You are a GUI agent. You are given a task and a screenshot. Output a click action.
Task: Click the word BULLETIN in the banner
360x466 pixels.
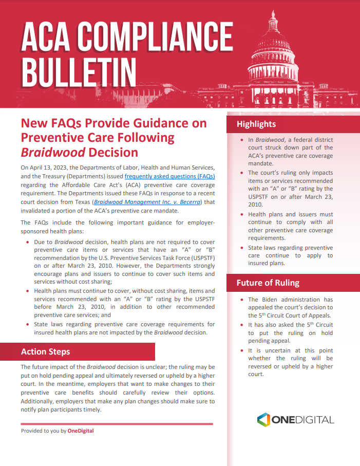click(x=79, y=73)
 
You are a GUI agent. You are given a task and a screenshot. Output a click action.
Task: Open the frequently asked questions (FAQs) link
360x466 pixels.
click(x=169, y=176)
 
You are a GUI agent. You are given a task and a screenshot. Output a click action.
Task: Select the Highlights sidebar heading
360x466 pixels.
click(x=256, y=124)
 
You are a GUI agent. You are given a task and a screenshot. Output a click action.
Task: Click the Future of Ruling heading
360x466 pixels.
click(x=268, y=283)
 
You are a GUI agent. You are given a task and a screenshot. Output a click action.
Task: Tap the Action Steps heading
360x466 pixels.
click(x=45, y=352)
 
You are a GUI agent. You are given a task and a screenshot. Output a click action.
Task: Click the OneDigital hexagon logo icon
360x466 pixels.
click(x=263, y=419)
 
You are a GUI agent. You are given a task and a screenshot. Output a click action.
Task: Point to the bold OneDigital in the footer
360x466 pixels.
click(x=81, y=431)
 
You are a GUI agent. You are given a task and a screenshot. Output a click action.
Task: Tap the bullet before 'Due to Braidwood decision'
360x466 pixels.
click(x=28, y=242)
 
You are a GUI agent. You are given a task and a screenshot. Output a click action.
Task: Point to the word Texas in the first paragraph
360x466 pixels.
click(x=81, y=202)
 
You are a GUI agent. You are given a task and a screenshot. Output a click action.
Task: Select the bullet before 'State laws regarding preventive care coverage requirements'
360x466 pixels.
click(x=28, y=324)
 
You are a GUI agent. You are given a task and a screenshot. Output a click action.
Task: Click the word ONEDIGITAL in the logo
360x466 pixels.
click(x=303, y=420)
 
